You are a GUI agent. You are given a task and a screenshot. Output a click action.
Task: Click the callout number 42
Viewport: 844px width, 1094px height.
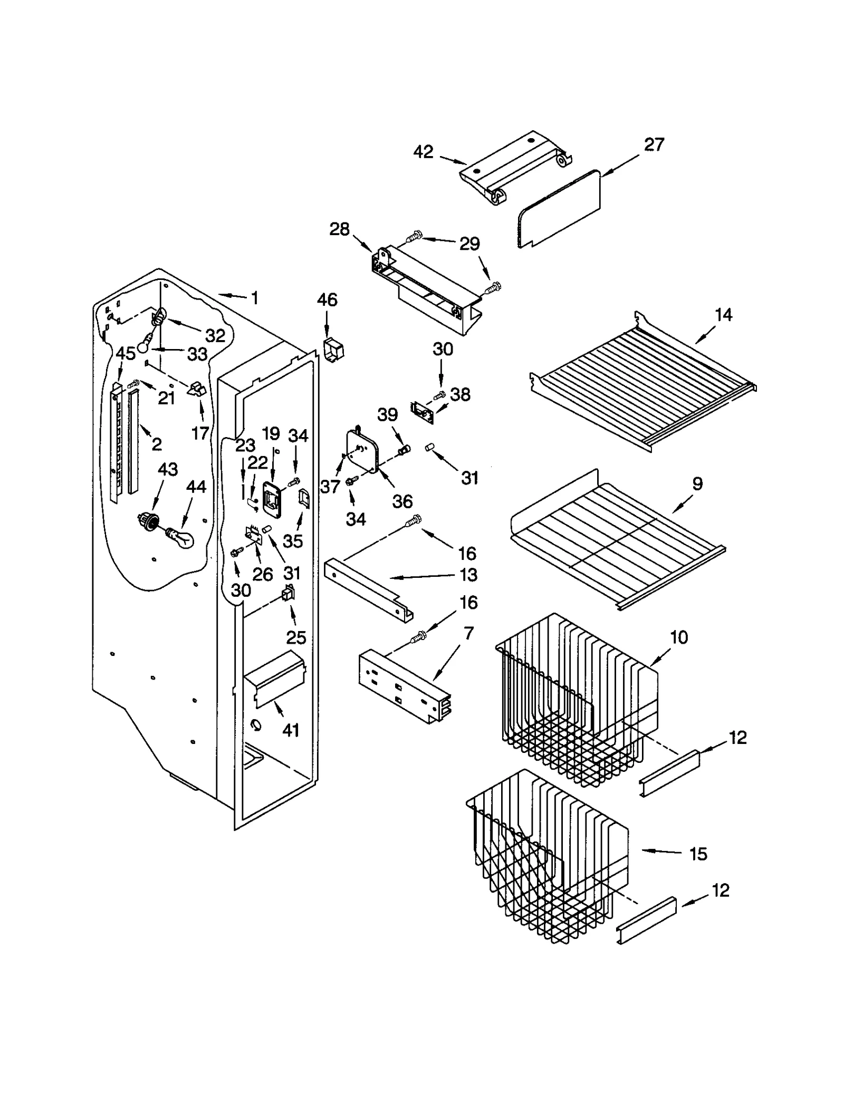(423, 152)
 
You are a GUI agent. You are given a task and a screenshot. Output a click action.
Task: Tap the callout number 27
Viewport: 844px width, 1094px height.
(654, 144)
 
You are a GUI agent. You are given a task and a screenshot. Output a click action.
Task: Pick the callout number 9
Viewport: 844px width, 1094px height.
(697, 483)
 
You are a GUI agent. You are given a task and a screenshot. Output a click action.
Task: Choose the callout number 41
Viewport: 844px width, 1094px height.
(291, 730)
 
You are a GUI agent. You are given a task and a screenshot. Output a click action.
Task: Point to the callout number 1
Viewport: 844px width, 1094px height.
(254, 298)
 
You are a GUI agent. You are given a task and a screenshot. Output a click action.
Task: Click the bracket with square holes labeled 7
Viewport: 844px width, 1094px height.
(404, 685)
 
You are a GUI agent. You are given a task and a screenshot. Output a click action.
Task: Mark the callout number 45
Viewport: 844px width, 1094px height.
(126, 353)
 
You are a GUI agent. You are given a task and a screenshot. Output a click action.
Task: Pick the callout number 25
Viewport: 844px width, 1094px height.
(296, 637)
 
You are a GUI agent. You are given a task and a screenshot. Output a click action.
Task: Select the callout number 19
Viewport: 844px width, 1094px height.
(271, 434)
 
